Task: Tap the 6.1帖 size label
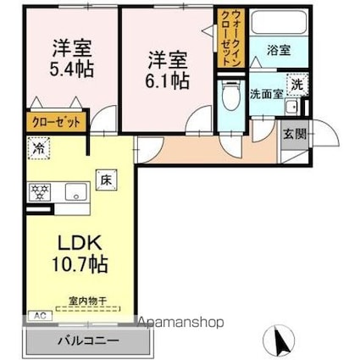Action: point(167,81)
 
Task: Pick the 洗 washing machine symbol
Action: point(298,85)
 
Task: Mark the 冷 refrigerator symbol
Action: point(37,146)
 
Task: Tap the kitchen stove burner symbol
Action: point(39,191)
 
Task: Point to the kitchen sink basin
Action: point(68,191)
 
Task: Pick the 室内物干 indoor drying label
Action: point(88,299)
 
